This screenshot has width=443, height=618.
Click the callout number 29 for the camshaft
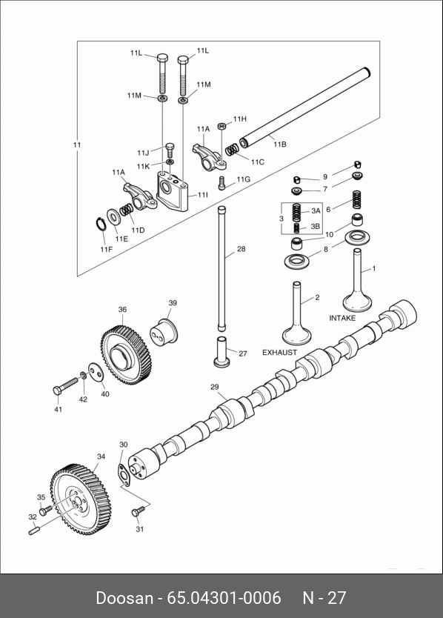214,387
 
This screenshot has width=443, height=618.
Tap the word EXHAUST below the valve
279,353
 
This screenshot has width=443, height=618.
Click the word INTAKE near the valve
342,318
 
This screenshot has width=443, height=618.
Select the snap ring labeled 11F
101,225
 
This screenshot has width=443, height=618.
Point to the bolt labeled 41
66,386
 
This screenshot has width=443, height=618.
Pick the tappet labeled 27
223,351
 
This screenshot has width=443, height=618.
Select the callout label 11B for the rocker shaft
279,144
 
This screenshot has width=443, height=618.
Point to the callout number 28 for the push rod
242,249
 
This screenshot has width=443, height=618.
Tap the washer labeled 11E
114,216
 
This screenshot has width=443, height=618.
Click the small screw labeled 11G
222,183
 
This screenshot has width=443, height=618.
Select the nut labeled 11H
222,126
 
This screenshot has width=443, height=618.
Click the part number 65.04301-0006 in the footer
224,597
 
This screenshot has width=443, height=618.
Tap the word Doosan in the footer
124,597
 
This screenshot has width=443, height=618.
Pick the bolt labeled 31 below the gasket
138,511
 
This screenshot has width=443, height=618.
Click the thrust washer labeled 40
96,373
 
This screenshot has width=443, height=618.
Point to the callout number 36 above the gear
122,310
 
